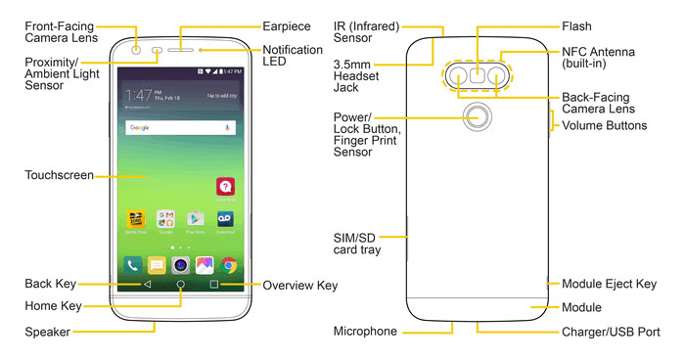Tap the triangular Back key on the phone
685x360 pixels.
click(147, 285)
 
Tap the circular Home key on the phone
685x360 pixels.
click(180, 285)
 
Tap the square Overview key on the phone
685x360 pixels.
click(213, 285)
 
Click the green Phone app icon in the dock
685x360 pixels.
click(132, 264)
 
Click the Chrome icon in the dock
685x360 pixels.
click(229, 264)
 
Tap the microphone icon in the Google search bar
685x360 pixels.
click(228, 128)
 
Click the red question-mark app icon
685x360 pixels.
click(225, 187)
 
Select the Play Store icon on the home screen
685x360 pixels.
click(195, 219)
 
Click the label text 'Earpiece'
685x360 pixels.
click(288, 24)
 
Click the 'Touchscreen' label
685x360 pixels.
click(59, 176)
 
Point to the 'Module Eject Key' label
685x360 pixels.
click(608, 285)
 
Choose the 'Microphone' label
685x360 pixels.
click(365, 332)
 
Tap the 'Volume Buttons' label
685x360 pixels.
click(605, 126)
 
